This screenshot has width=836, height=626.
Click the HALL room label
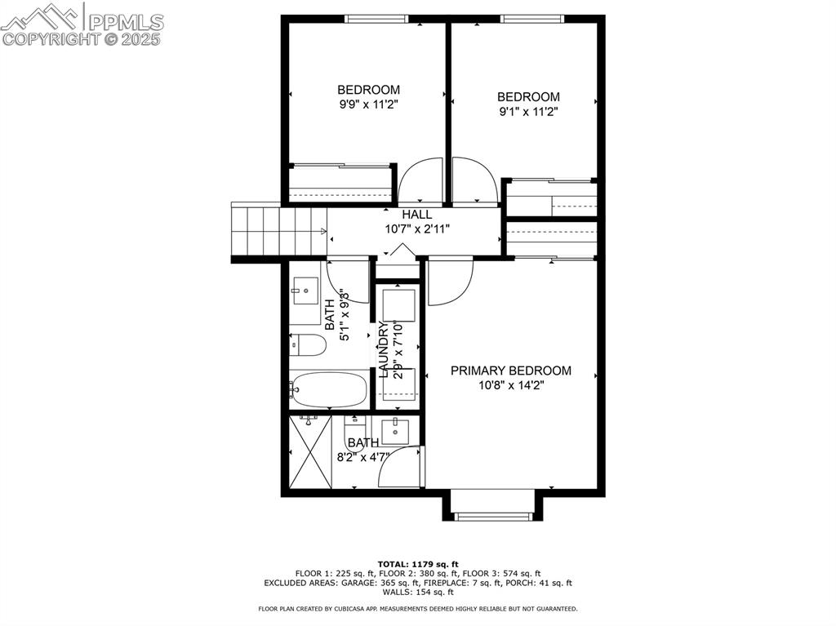(x=417, y=215)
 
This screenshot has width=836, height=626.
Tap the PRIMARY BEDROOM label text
(x=511, y=371)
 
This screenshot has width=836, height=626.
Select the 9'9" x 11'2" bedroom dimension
(x=369, y=104)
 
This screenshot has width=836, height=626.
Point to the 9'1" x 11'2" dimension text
(x=528, y=112)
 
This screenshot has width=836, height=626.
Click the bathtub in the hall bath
(x=330, y=389)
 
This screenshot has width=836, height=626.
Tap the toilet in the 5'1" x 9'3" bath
(x=308, y=345)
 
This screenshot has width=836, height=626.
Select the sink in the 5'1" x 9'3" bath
(x=305, y=291)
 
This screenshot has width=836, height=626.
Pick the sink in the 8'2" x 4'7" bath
(x=395, y=432)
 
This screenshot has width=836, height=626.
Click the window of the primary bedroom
(x=492, y=516)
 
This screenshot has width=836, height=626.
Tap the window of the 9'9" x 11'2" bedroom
(x=376, y=19)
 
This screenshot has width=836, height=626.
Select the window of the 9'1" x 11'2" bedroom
(x=532, y=19)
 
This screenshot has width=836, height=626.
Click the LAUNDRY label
(x=384, y=350)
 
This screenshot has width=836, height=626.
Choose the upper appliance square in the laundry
(x=398, y=305)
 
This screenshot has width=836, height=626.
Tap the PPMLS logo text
(x=126, y=22)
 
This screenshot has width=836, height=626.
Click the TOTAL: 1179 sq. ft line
(x=418, y=564)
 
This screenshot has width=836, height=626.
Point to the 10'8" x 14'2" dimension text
(x=511, y=385)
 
